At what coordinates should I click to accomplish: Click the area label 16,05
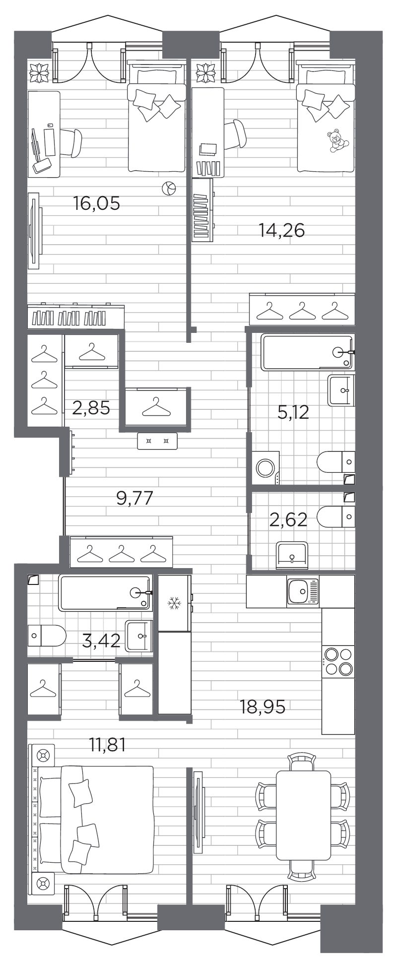(97, 203)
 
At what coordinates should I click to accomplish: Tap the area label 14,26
(281, 230)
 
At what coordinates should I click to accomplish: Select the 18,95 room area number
(263, 707)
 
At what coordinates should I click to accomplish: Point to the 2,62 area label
(288, 519)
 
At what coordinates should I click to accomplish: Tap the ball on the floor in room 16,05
(169, 188)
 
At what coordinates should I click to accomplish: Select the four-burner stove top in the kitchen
(338, 662)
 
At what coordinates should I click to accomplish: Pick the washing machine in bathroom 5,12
(266, 467)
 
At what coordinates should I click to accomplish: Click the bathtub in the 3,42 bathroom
(105, 592)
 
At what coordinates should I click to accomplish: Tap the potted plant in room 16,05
(39, 72)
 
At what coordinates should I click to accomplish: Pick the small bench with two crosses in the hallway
(157, 441)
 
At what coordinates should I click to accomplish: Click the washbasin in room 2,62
(292, 554)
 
